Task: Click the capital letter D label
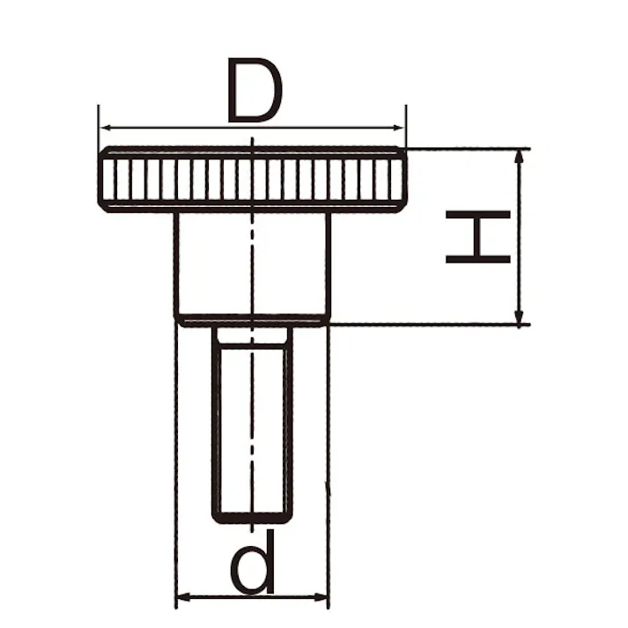255,91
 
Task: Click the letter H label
478,236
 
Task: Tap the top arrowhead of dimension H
521,156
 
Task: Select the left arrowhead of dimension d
182,600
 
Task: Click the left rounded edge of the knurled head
101,180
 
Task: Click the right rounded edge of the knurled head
403,180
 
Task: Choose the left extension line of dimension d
176,458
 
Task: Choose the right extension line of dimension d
329,458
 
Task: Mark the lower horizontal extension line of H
423,324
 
